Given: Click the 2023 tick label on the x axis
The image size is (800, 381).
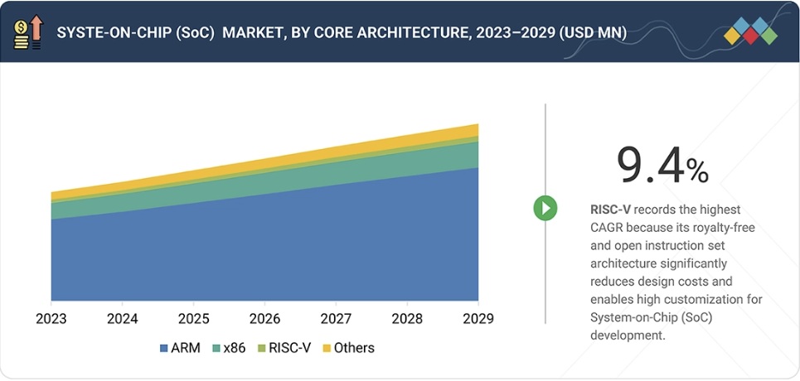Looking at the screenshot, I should (51, 319).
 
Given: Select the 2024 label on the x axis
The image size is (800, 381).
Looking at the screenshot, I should (123, 319).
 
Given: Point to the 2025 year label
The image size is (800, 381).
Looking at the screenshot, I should (194, 319).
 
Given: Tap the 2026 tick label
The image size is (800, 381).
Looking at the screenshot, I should (265, 319).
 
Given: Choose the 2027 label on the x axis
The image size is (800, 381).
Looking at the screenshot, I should (337, 319).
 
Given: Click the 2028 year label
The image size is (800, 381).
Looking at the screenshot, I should (408, 319).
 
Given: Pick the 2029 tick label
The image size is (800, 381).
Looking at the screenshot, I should (478, 319).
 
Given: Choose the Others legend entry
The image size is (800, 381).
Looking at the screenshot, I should (348, 348).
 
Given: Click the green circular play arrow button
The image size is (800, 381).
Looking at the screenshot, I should (545, 208).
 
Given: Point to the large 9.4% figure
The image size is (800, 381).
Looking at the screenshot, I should (662, 166).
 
